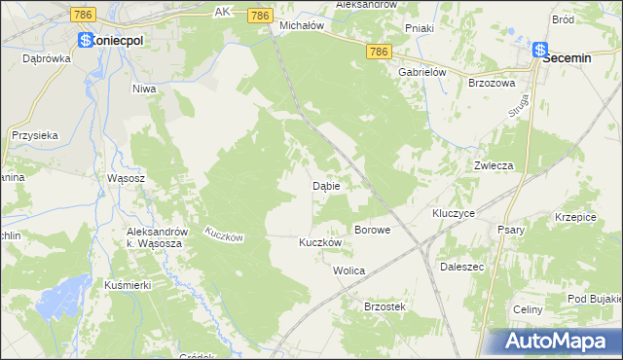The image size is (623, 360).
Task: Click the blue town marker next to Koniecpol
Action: (85, 41)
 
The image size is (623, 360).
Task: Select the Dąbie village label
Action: (325, 185)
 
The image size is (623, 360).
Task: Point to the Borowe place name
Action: (372, 230)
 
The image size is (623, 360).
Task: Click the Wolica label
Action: (348, 270)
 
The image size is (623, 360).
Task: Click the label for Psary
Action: (510, 230)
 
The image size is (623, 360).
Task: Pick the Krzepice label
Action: (575, 217)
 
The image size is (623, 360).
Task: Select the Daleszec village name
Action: (462, 265)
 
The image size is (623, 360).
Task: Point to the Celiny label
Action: (527, 309)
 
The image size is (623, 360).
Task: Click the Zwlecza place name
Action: (494, 165)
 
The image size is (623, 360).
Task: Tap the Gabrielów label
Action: (421, 72)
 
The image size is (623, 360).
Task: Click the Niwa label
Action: (144, 89)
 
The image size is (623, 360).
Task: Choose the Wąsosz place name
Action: (127, 179)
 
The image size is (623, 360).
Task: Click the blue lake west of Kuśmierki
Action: (63, 291)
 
